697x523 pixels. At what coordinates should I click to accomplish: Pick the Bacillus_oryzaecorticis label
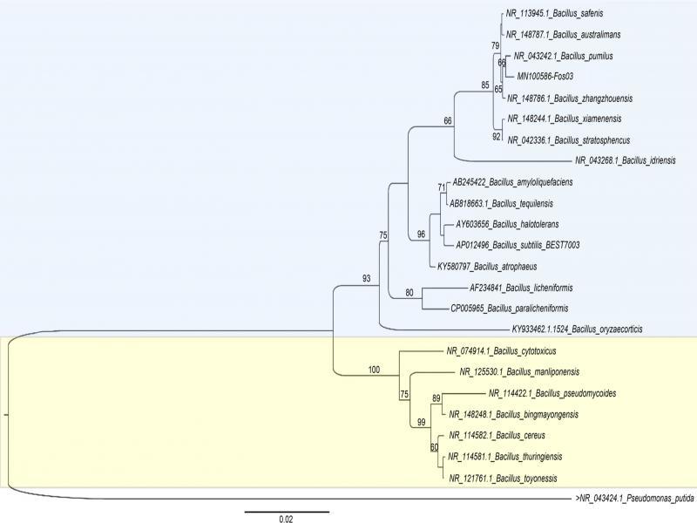(577, 329)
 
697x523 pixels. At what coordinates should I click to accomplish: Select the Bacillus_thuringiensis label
(505, 456)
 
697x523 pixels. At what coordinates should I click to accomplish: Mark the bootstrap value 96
(422, 234)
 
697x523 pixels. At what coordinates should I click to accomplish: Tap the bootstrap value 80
(410, 294)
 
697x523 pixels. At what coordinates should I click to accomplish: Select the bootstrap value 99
(421, 423)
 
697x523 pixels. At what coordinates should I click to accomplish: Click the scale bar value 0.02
(285, 520)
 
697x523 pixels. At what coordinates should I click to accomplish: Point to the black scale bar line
(286, 510)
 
